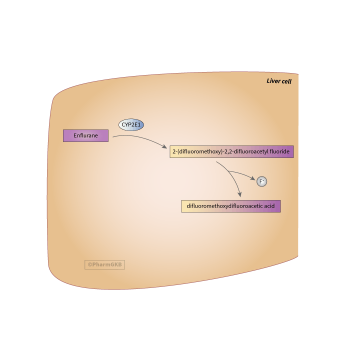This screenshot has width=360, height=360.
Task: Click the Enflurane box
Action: click(85, 135)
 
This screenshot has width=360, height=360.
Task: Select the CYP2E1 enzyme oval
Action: click(131, 124)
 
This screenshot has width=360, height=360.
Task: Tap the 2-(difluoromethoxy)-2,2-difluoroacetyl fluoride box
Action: click(231, 151)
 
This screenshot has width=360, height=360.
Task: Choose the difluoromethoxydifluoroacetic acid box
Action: click(231, 206)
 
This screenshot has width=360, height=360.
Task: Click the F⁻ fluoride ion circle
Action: click(262, 181)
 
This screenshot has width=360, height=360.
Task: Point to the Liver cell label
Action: click(279, 81)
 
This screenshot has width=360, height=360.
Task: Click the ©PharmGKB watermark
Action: click(105, 264)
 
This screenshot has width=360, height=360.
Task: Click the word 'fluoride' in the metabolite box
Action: click(279, 151)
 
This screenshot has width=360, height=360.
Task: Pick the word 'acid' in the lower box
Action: click(269, 206)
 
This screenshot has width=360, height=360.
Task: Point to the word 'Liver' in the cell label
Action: click(273, 81)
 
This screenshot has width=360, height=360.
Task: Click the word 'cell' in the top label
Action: click(286, 81)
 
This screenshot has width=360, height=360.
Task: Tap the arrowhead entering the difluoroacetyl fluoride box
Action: click(165, 146)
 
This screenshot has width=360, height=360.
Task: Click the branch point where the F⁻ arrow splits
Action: click(228, 171)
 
